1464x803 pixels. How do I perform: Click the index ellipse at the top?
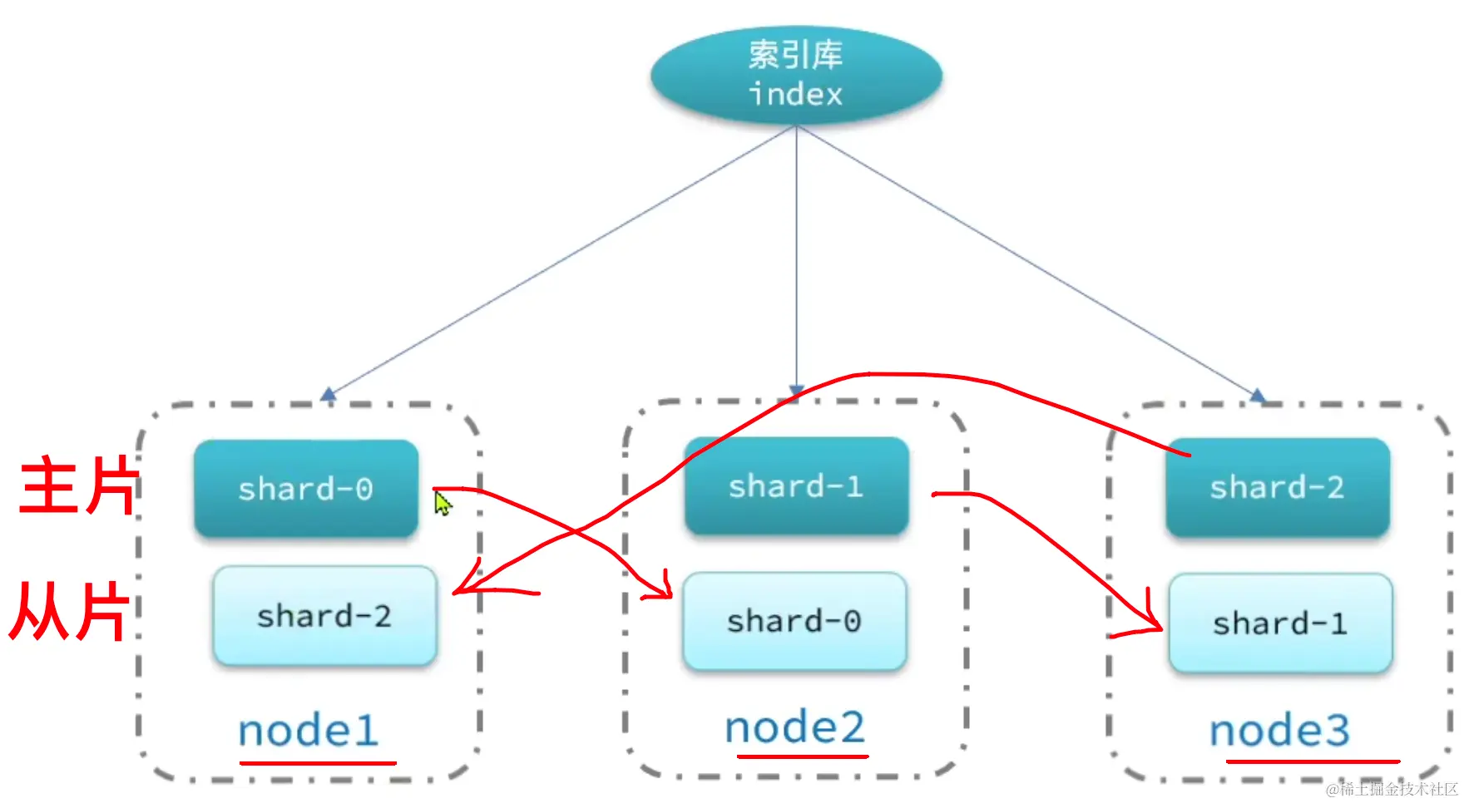[796, 75]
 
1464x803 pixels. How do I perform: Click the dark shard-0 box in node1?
[306, 489]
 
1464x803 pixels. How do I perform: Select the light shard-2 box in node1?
[324, 616]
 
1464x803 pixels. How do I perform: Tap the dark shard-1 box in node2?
[796, 486]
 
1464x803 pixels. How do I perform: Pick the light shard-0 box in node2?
[794, 621]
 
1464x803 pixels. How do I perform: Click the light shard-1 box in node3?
[1280, 623]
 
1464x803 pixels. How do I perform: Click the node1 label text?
[309, 732]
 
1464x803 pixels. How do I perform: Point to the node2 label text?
[795, 728]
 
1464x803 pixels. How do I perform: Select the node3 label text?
[1279, 732]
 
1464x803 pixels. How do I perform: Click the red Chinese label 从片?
[71, 611]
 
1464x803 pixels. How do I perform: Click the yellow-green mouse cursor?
[443, 503]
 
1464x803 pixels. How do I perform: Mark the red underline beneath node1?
[318, 761]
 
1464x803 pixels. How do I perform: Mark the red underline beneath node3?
[1312, 761]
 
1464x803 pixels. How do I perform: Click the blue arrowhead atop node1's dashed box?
[329, 394]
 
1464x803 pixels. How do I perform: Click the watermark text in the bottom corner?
[1391, 789]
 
